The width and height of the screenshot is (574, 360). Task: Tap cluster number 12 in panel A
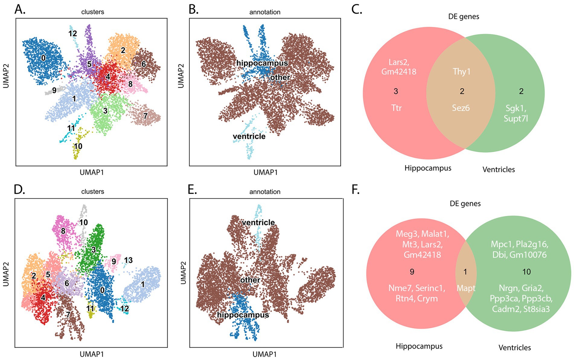pos(72,33)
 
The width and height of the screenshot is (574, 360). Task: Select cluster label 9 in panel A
pos(54,90)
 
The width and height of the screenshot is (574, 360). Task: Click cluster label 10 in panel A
pos(78,146)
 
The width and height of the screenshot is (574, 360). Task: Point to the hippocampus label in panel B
pos(262,63)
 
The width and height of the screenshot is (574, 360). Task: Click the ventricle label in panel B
pos(249,136)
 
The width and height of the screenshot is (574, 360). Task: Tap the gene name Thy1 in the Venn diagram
pos(461,72)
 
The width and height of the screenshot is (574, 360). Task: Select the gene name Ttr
pos(396,108)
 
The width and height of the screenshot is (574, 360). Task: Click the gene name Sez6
pos(461,108)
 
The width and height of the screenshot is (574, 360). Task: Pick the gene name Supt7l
pos(516,118)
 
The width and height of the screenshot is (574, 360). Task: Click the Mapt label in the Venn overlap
pos(466,288)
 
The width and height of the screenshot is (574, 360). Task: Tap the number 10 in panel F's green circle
pos(526,272)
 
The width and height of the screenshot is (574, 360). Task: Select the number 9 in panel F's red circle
pos(412,272)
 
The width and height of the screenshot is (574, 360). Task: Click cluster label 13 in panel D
pos(128,260)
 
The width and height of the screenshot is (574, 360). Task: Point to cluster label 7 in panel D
pos(68,314)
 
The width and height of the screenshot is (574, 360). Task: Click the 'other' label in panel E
pos(250,280)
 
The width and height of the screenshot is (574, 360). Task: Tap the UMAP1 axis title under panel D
pos(92,354)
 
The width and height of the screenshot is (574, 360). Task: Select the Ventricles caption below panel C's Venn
pos(499,170)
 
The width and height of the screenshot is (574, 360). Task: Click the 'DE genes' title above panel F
pos(465,204)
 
